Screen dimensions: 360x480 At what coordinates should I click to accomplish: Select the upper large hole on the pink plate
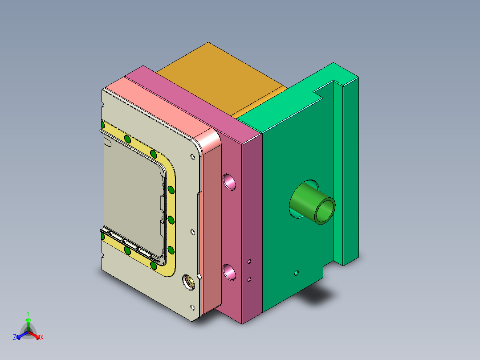tap(230, 181)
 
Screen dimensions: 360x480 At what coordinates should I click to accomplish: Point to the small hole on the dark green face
tap(297, 272)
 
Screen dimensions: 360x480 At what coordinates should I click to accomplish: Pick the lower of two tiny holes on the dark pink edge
tap(249, 279)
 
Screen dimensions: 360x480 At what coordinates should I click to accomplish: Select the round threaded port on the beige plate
tap(189, 282)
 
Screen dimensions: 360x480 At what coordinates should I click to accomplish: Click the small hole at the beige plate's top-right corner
tap(192, 157)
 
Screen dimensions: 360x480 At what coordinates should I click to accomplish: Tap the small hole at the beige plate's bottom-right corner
tap(192, 307)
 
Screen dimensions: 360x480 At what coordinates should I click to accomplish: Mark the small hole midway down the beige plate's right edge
tap(192, 232)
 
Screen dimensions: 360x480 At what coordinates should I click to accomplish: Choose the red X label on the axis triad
tap(42, 338)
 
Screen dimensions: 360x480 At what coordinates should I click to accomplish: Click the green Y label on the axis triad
tap(28, 313)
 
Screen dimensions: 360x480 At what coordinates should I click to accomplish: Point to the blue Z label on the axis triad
tap(15, 338)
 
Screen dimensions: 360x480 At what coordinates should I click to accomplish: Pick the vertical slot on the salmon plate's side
tap(199, 232)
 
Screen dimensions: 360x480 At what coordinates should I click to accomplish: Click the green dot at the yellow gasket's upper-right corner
tap(154, 154)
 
